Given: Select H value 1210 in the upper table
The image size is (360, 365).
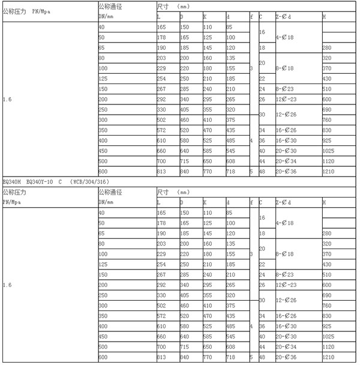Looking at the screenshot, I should [x=329, y=171].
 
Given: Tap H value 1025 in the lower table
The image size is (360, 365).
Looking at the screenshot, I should [x=329, y=337].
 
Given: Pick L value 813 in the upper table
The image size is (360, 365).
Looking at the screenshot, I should [x=162, y=171].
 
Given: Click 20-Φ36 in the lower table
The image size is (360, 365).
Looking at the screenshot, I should [x=286, y=357].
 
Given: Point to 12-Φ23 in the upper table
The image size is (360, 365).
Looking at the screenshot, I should [x=286, y=99].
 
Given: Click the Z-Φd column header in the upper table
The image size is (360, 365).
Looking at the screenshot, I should [x=285, y=17].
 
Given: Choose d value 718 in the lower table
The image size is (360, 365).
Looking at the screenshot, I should [x=232, y=357].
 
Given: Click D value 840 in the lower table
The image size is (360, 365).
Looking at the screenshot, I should [x=185, y=357].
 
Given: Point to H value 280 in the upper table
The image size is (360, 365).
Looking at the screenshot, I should [x=327, y=47].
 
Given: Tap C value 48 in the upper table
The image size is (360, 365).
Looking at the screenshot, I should [x=262, y=171].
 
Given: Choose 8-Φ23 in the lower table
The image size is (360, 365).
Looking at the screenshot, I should [x=285, y=275].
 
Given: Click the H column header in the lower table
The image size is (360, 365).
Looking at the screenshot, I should [x=325, y=202].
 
